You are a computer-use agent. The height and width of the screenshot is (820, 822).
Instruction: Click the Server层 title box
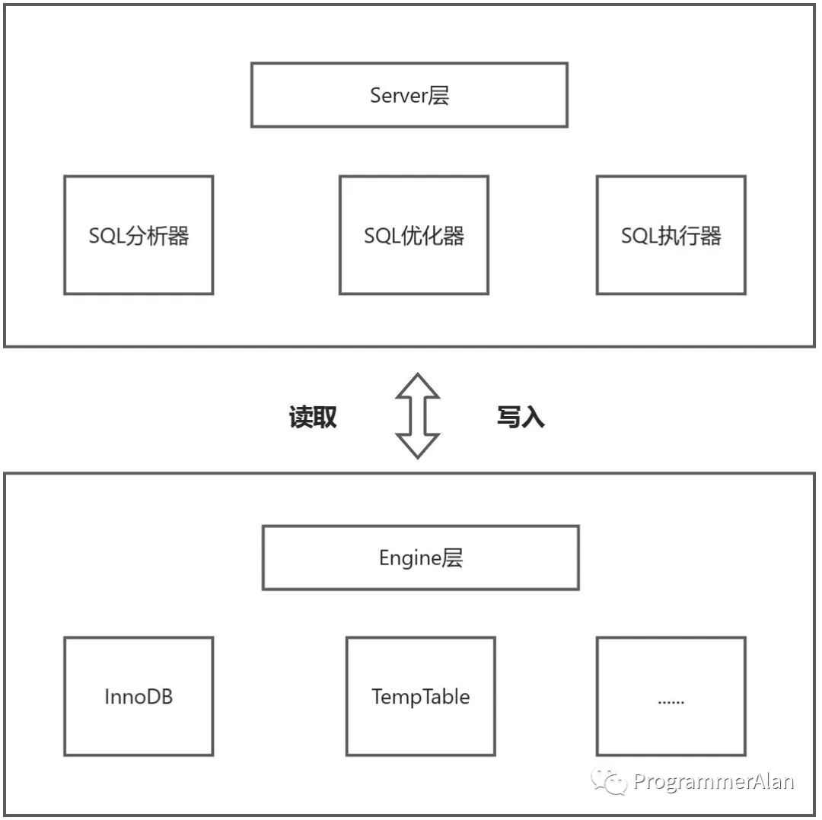tap(409, 95)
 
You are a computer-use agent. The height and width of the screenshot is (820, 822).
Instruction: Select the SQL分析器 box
tap(139, 235)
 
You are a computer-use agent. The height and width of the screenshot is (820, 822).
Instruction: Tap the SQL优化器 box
tap(413, 235)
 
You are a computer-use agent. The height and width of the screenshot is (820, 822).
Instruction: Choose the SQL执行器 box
tap(671, 235)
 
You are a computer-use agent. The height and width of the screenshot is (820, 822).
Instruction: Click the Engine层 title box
tap(420, 558)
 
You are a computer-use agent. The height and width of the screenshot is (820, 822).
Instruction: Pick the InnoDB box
tap(139, 696)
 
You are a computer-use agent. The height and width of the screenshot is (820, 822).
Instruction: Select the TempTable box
tap(420, 696)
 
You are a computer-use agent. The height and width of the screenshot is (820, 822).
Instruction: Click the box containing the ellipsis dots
tap(671, 696)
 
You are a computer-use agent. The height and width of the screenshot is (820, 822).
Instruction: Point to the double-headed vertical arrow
tap(418, 415)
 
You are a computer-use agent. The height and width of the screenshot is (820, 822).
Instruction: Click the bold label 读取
tap(313, 417)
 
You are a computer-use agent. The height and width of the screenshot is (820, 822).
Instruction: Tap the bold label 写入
tap(521, 417)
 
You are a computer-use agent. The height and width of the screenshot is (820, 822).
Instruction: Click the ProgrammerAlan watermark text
tap(713, 781)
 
